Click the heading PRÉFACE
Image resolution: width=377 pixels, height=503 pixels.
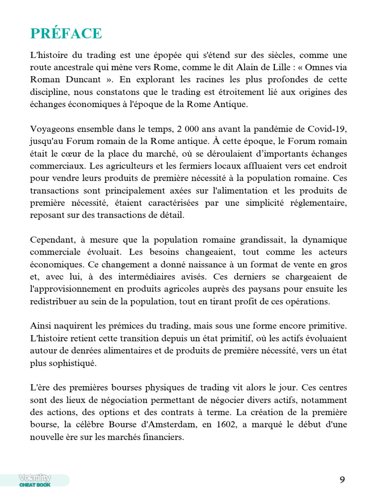point(66,33)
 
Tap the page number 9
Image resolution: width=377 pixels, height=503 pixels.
point(342,480)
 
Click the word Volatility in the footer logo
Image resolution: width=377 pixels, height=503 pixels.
point(35,477)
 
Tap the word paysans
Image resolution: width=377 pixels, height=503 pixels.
point(259,289)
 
